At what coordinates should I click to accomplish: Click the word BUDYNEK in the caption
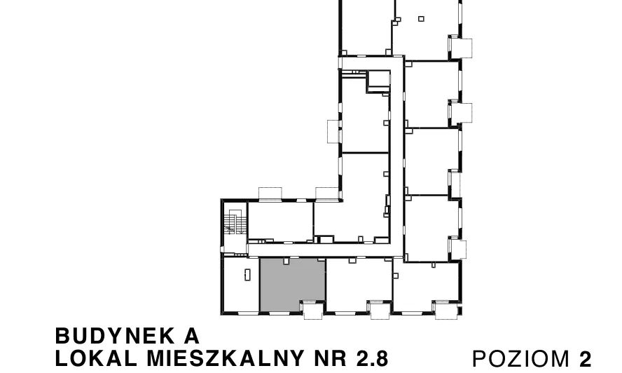pyautogui.click(x=115, y=336)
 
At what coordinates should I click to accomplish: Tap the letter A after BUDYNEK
pyautogui.click(x=192, y=336)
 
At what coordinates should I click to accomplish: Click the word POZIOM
pyautogui.click(x=521, y=359)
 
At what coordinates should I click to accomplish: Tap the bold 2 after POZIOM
pyautogui.click(x=585, y=359)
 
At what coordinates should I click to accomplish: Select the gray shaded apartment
pyautogui.click(x=292, y=285)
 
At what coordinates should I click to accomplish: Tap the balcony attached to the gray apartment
pyautogui.click(x=312, y=310)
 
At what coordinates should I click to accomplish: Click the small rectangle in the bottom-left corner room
pyautogui.click(x=247, y=274)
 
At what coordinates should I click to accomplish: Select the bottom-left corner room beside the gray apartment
pyautogui.click(x=241, y=285)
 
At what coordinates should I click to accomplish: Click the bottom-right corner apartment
pyautogui.click(x=427, y=287)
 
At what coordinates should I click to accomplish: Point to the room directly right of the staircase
pyautogui.click(x=280, y=221)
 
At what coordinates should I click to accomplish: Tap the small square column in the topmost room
pyautogui.click(x=421, y=19)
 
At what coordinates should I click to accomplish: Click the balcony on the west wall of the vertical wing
pyautogui.click(x=333, y=131)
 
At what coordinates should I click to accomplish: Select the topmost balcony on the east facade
pyautogui.click(x=461, y=48)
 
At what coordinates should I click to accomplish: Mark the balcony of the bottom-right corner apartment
pyautogui.click(x=446, y=310)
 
